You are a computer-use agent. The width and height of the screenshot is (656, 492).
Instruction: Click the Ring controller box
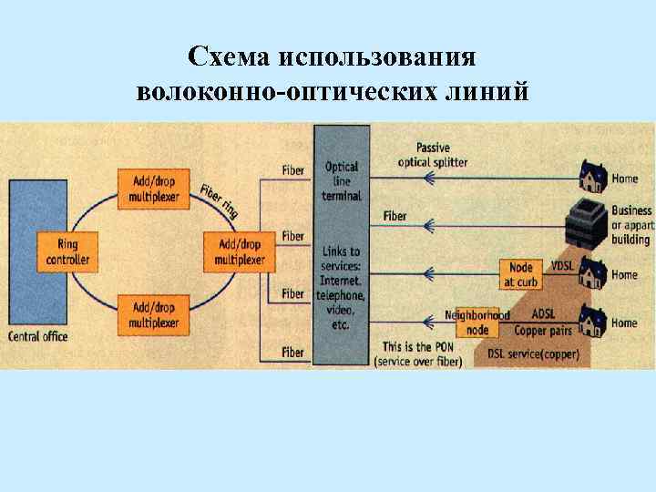click(68, 251)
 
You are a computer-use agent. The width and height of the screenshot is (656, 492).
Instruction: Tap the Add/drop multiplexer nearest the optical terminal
click(240, 251)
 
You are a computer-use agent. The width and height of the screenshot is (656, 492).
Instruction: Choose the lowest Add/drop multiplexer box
click(154, 314)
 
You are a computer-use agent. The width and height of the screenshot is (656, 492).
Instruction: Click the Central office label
click(38, 337)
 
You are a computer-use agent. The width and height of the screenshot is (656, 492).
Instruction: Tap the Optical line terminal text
click(342, 181)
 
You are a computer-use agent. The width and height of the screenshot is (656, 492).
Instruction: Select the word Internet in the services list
click(342, 282)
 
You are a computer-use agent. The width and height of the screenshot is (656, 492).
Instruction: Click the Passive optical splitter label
click(433, 155)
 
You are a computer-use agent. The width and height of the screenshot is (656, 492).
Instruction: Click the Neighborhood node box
click(477, 322)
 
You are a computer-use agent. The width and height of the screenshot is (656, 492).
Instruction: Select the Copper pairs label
click(543, 329)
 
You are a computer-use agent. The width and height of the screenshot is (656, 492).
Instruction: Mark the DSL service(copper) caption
click(533, 353)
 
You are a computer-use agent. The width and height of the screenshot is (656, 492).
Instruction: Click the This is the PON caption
click(418, 347)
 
